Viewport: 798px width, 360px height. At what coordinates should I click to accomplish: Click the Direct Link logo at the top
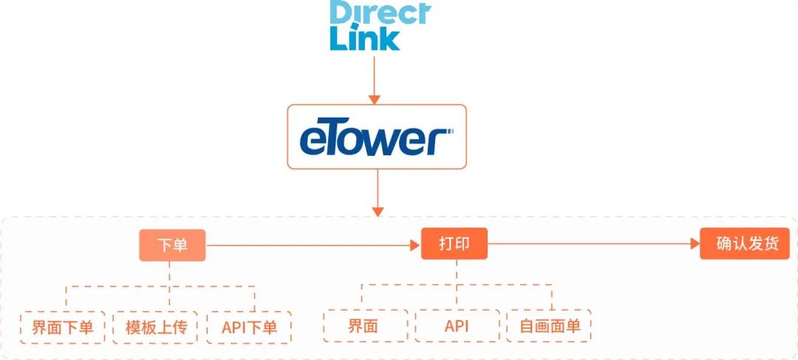[379, 26]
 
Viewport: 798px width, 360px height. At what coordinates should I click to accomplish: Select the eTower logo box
[377, 137]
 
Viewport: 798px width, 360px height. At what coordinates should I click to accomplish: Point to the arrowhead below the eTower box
[378, 211]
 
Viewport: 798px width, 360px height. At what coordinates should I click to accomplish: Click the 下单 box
[172, 245]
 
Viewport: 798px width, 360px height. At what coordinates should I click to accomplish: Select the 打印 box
[454, 243]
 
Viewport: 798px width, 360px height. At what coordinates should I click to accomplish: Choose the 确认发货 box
[744, 243]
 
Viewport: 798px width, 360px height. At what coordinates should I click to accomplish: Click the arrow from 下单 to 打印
[310, 245]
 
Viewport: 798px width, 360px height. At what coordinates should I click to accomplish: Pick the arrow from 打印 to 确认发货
[591, 243]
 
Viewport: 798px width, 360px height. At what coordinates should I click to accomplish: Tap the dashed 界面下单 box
[63, 327]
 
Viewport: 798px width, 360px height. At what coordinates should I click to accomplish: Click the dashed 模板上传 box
[156, 327]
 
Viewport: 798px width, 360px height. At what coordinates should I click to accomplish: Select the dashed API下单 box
[249, 327]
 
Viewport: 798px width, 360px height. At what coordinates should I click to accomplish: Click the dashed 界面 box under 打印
[366, 326]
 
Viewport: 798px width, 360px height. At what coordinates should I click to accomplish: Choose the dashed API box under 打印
[457, 326]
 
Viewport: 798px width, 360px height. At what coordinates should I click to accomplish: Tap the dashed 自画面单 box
[549, 326]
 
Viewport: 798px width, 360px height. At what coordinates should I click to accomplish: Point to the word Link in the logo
[364, 38]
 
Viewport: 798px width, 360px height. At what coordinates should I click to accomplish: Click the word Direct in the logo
[379, 13]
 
